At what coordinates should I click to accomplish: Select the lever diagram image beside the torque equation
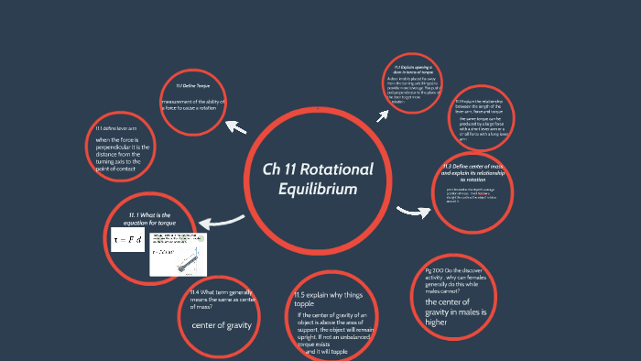pos(178,254)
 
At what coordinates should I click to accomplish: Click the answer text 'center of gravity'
pos(220,326)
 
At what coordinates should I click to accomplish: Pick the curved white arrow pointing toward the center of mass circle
pos(413,213)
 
